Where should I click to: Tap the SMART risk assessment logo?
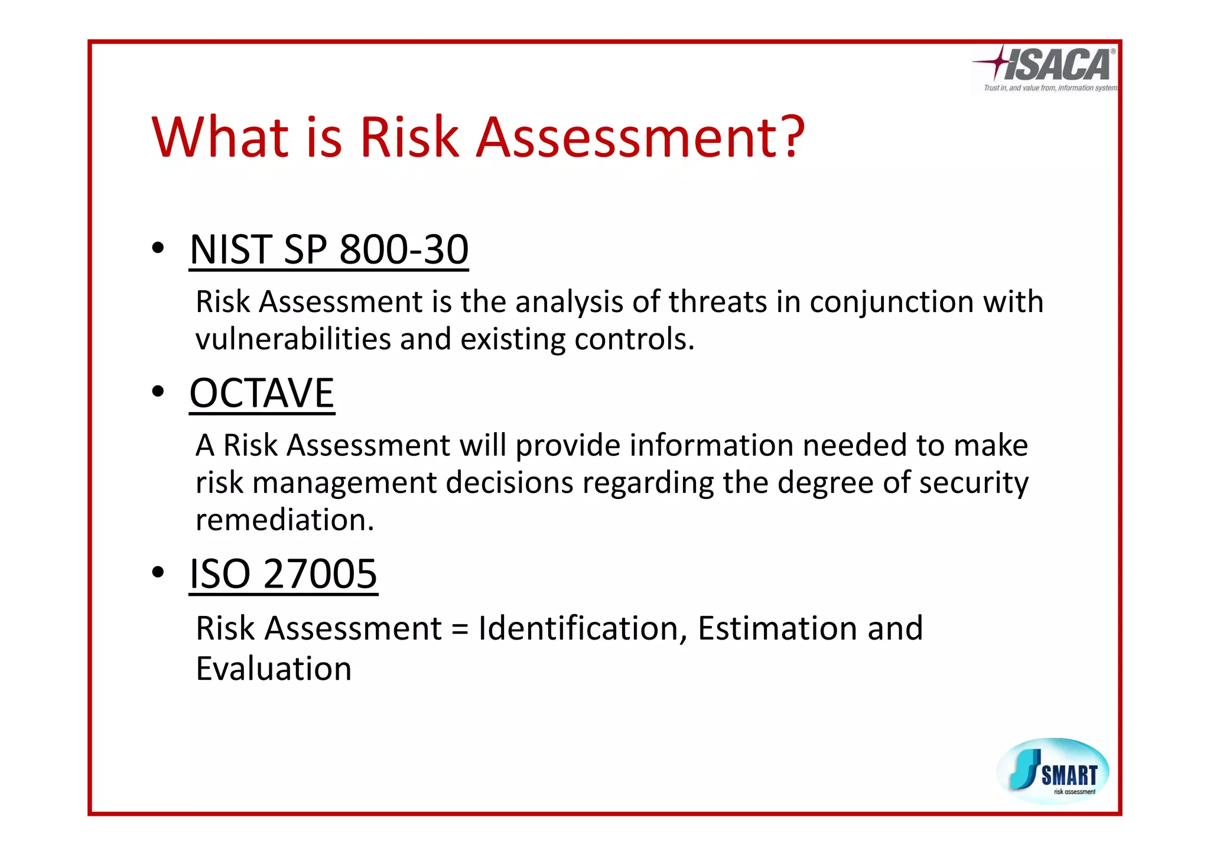click(1053, 771)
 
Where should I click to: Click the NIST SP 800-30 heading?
click(328, 249)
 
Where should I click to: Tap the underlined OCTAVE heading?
click(262, 393)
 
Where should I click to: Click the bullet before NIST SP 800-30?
click(157, 248)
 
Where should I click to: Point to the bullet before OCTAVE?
click(157, 392)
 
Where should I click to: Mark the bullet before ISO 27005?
click(157, 572)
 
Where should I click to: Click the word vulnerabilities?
click(293, 339)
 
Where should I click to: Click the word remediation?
click(285, 520)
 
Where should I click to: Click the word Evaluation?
click(274, 669)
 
